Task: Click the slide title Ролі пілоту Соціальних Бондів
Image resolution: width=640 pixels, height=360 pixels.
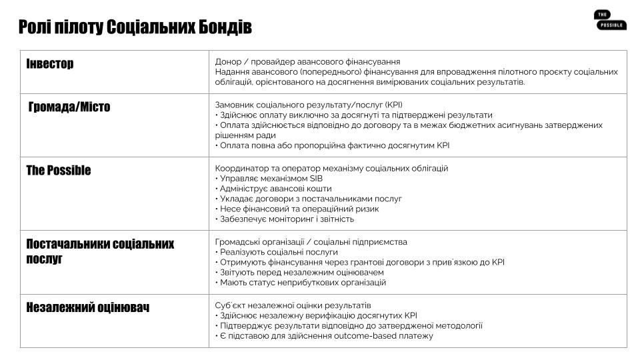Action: [x=135, y=28]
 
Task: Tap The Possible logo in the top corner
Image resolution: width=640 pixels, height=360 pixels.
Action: [x=610, y=21]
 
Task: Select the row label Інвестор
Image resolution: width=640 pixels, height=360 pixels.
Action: [x=50, y=64]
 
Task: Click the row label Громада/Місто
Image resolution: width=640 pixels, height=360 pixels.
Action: [x=69, y=107]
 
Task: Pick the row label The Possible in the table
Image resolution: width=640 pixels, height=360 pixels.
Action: [x=59, y=170]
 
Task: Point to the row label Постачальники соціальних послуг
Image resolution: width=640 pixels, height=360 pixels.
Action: [x=100, y=251]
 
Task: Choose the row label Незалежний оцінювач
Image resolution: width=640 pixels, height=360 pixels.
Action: [x=87, y=307]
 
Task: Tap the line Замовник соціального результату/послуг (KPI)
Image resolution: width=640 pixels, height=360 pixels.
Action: [x=309, y=105]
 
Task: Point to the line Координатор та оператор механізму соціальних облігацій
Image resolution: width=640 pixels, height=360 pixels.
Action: [x=331, y=168]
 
